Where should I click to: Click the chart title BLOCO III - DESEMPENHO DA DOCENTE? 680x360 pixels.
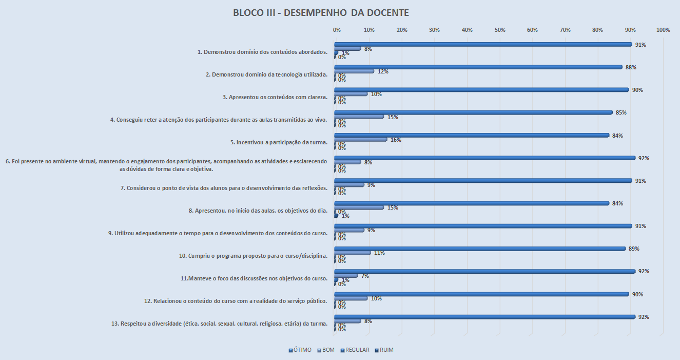click(x=321, y=12)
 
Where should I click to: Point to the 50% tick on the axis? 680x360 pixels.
click(x=500, y=30)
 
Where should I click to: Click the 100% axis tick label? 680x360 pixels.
click(x=663, y=30)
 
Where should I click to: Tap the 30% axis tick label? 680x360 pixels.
click(x=434, y=30)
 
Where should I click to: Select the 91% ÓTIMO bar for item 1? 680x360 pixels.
click(x=482, y=44)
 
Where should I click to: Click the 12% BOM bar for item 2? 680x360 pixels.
click(x=354, y=71)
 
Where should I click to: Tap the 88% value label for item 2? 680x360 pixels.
click(x=631, y=67)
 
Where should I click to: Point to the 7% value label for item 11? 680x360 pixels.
click(x=365, y=276)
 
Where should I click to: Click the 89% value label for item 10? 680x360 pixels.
click(x=634, y=249)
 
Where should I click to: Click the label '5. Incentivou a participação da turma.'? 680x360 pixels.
click(x=279, y=142)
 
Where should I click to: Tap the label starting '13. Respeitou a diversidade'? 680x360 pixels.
click(x=219, y=324)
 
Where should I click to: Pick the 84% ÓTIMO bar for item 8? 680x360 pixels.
click(x=471, y=203)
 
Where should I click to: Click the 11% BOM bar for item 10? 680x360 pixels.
click(x=353, y=253)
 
